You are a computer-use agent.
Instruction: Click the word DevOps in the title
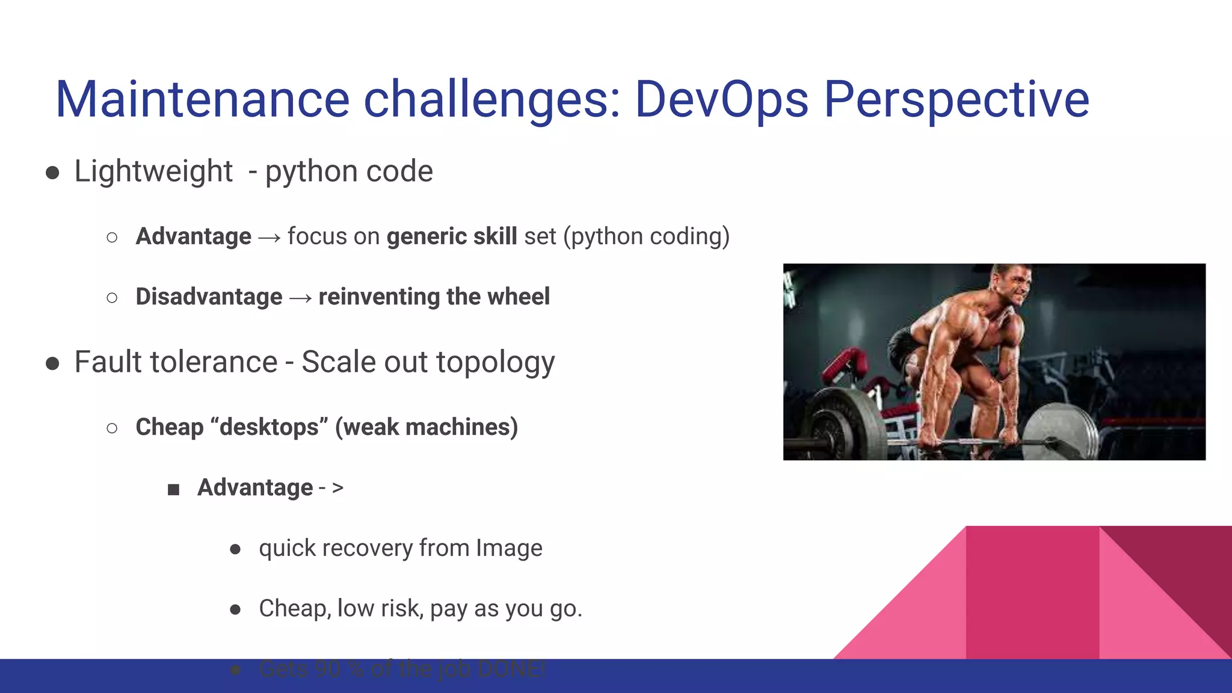tap(721, 99)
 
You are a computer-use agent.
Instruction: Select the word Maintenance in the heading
tap(202, 99)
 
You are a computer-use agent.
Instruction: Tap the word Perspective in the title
tap(956, 99)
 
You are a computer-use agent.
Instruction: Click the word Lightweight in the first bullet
tap(153, 171)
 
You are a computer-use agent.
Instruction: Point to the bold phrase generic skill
tap(451, 236)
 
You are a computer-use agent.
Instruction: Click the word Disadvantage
tap(209, 297)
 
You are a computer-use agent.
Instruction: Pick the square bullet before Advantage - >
tap(174, 490)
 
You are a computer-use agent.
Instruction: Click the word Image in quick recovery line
tap(509, 548)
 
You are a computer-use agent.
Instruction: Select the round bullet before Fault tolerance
tap(52, 363)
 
